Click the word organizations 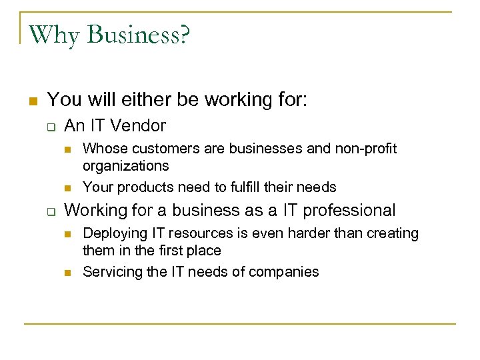point(126,165)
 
